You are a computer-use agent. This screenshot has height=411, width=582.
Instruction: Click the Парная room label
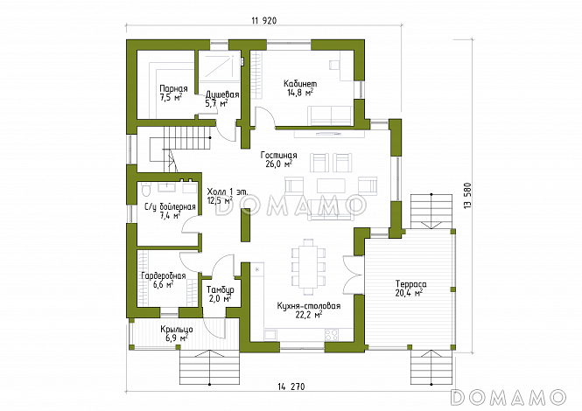click(x=173, y=88)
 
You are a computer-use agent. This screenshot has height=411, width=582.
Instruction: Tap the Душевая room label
click(x=222, y=94)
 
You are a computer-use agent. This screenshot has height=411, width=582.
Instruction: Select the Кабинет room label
click(x=300, y=83)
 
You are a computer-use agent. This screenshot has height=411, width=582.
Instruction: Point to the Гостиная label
click(x=279, y=155)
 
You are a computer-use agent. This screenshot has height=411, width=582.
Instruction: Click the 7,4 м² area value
click(x=171, y=215)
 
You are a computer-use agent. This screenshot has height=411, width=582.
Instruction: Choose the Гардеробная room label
click(x=164, y=276)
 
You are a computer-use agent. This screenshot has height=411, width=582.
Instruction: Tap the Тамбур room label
click(x=221, y=289)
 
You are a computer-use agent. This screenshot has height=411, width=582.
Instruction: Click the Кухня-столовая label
click(x=309, y=306)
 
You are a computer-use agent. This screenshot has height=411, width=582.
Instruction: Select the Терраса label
click(x=410, y=284)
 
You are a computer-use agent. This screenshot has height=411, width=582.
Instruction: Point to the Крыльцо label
click(x=177, y=329)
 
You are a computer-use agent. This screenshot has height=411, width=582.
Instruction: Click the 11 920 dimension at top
click(x=264, y=21)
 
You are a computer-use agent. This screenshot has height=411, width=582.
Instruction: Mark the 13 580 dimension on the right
click(x=467, y=195)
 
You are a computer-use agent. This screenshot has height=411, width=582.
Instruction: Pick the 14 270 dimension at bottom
click(x=291, y=387)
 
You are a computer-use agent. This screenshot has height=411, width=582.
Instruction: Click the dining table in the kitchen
click(x=308, y=267)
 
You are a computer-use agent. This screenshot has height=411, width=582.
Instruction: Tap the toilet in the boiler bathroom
click(x=146, y=189)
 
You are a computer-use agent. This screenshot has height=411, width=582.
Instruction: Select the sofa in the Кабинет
click(x=331, y=115)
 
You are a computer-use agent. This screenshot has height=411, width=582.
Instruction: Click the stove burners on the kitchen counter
click(x=332, y=335)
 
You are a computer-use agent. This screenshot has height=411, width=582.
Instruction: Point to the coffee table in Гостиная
click(x=331, y=186)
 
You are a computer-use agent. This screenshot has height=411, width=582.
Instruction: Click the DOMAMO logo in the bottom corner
click(x=508, y=397)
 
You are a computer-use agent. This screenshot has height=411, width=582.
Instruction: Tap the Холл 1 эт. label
click(x=228, y=192)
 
